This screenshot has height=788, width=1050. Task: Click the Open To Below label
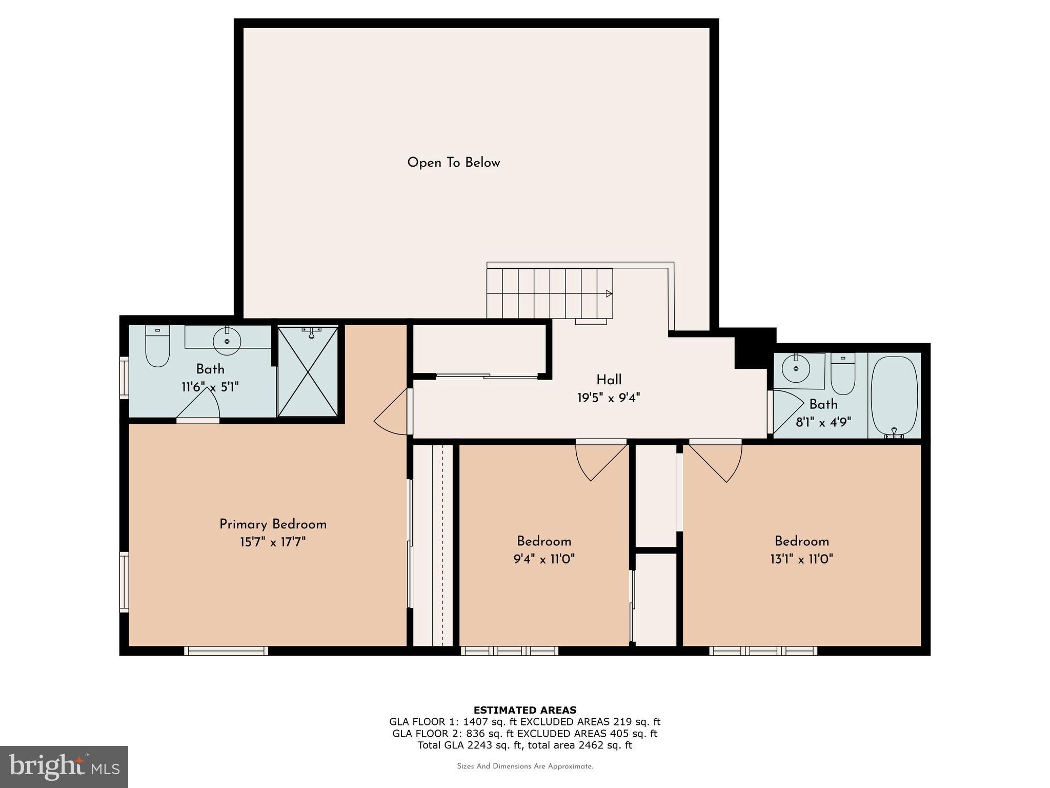(x=453, y=163)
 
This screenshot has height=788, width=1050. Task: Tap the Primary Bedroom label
(x=273, y=524)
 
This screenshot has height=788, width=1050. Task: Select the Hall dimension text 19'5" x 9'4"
(x=609, y=398)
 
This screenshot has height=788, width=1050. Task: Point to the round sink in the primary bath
(x=227, y=341)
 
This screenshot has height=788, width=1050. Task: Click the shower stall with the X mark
(x=308, y=372)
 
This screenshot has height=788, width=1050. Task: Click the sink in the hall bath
(x=796, y=368)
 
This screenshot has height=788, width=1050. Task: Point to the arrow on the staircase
(x=609, y=294)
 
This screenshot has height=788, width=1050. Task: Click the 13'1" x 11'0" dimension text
(x=801, y=559)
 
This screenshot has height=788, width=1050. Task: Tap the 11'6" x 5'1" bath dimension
(x=210, y=386)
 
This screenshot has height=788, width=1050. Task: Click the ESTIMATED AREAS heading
(x=524, y=710)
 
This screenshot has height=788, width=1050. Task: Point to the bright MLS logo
(x=64, y=766)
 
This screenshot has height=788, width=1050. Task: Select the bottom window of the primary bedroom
(x=226, y=651)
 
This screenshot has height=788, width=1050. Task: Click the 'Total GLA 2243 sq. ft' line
(x=524, y=745)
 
